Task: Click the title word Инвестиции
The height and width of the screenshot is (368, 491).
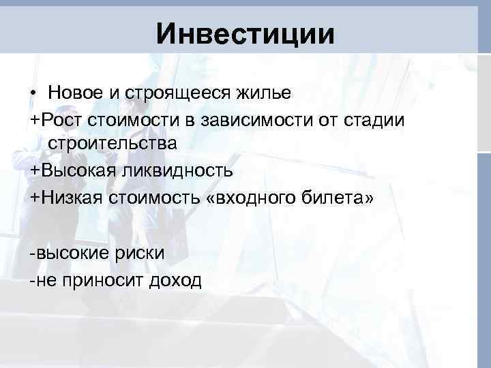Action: click(245, 33)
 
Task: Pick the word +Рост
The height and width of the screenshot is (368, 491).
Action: click(59, 119)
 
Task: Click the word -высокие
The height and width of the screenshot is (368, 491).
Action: click(68, 254)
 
